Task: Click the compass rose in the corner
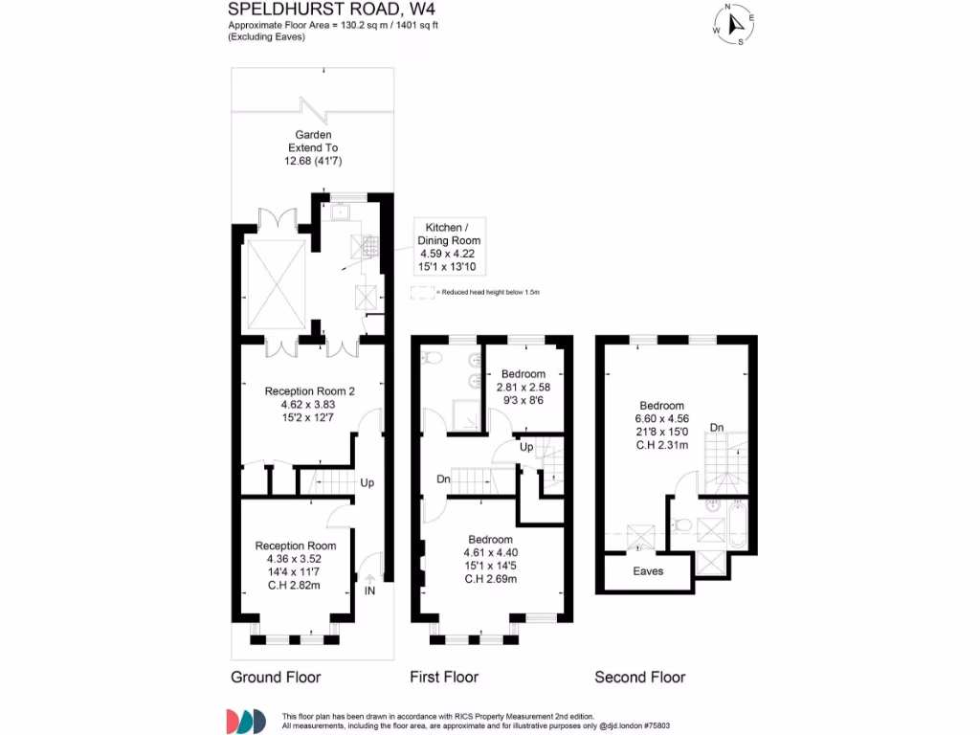coord(734,24)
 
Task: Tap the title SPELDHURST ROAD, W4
coord(331,9)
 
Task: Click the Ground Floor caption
coord(276,677)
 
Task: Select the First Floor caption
coord(444,677)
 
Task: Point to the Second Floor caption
coord(640,677)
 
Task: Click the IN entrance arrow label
coord(369,590)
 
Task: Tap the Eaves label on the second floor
coord(648,571)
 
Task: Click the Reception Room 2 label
coord(309,391)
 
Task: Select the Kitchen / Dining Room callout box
coord(450,246)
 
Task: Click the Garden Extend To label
coord(313,142)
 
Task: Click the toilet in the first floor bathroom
coord(431,358)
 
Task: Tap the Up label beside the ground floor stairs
coord(367,482)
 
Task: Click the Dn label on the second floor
coord(717,428)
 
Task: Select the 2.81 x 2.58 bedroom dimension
coord(523,388)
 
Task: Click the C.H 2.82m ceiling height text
coord(294,586)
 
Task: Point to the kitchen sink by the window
coord(340,212)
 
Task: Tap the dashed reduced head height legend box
coord(422,293)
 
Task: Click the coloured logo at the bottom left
coord(246,722)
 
